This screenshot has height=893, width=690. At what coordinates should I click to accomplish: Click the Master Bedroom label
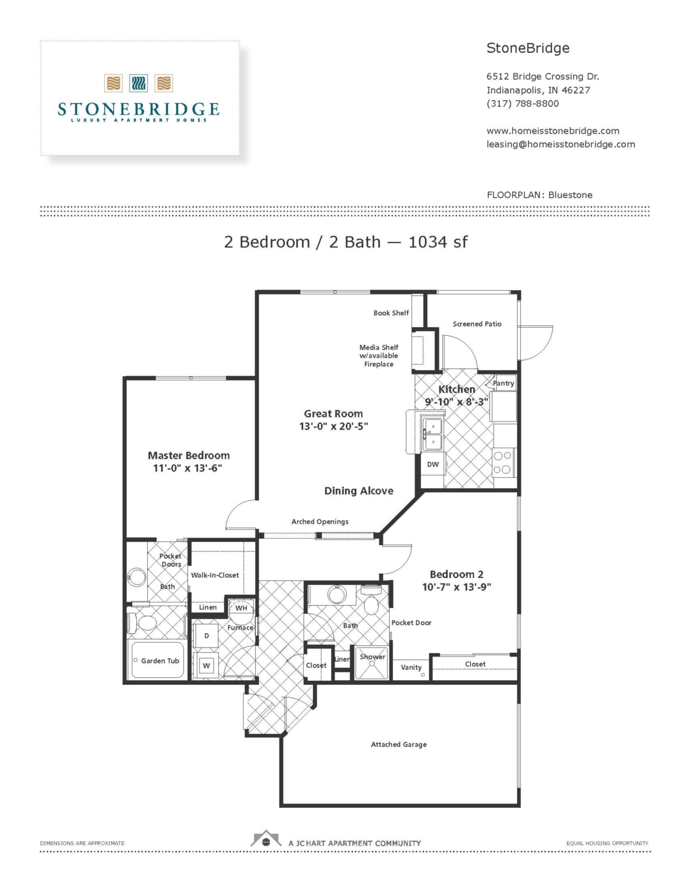[x=189, y=455]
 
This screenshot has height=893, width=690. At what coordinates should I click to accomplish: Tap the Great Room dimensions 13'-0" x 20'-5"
[x=333, y=426]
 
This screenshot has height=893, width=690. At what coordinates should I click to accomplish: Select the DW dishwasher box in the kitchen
[x=433, y=465]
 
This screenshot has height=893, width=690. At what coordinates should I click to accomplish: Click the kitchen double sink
[x=432, y=434]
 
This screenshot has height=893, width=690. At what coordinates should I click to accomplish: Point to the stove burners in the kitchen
[x=502, y=463]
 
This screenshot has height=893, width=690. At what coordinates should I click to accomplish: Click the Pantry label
[x=503, y=383]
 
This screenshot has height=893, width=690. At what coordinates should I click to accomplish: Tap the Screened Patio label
[x=477, y=324]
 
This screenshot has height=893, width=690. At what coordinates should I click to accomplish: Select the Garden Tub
[x=158, y=661]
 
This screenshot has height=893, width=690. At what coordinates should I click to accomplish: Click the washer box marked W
[x=206, y=666]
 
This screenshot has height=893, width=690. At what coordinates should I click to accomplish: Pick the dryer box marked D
[x=206, y=635]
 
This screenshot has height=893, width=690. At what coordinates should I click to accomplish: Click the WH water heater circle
[x=241, y=608]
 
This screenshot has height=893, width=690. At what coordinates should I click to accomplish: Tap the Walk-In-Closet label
[x=214, y=575]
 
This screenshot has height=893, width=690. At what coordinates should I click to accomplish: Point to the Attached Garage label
[x=398, y=744]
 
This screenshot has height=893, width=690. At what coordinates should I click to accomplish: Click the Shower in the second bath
[x=373, y=662]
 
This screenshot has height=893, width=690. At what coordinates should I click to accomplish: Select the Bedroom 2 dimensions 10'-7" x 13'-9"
[x=457, y=587]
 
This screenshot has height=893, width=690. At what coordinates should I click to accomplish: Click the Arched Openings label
[x=320, y=522]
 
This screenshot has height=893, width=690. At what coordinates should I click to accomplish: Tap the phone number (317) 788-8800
[x=522, y=104]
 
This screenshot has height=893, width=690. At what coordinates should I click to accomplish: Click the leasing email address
[x=561, y=144]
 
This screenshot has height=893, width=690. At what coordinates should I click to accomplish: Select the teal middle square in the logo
[x=139, y=83]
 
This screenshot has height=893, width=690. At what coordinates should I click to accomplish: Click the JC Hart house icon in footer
[x=266, y=840]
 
